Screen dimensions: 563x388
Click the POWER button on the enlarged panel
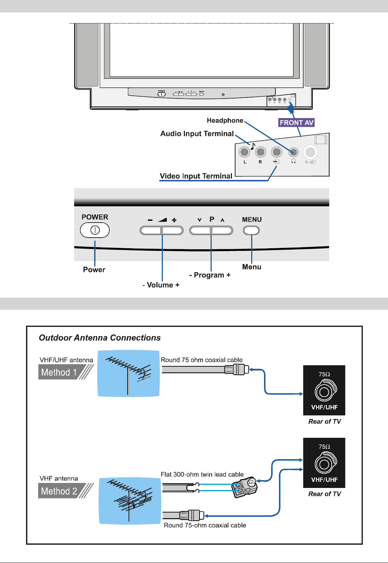[x=95, y=230]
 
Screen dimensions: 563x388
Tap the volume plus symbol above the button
[x=174, y=220]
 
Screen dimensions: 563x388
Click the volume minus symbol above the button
[x=150, y=220]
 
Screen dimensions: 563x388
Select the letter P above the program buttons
[x=212, y=219]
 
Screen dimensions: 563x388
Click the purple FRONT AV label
[x=296, y=123]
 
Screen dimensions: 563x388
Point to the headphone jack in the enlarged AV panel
[x=293, y=152]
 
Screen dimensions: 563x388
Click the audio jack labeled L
[x=244, y=152]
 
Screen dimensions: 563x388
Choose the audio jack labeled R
[x=260, y=152]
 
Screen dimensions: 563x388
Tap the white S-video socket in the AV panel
[x=310, y=152]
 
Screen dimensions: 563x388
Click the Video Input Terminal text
[x=196, y=176]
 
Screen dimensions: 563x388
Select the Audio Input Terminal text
[x=197, y=134]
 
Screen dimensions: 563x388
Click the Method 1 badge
[x=59, y=372]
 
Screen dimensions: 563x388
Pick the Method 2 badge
[x=59, y=491]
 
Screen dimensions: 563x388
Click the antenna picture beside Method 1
[x=129, y=373]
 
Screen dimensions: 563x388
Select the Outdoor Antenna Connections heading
[x=100, y=338]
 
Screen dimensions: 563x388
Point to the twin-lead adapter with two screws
[x=245, y=487]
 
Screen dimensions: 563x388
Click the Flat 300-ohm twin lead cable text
[x=202, y=474]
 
